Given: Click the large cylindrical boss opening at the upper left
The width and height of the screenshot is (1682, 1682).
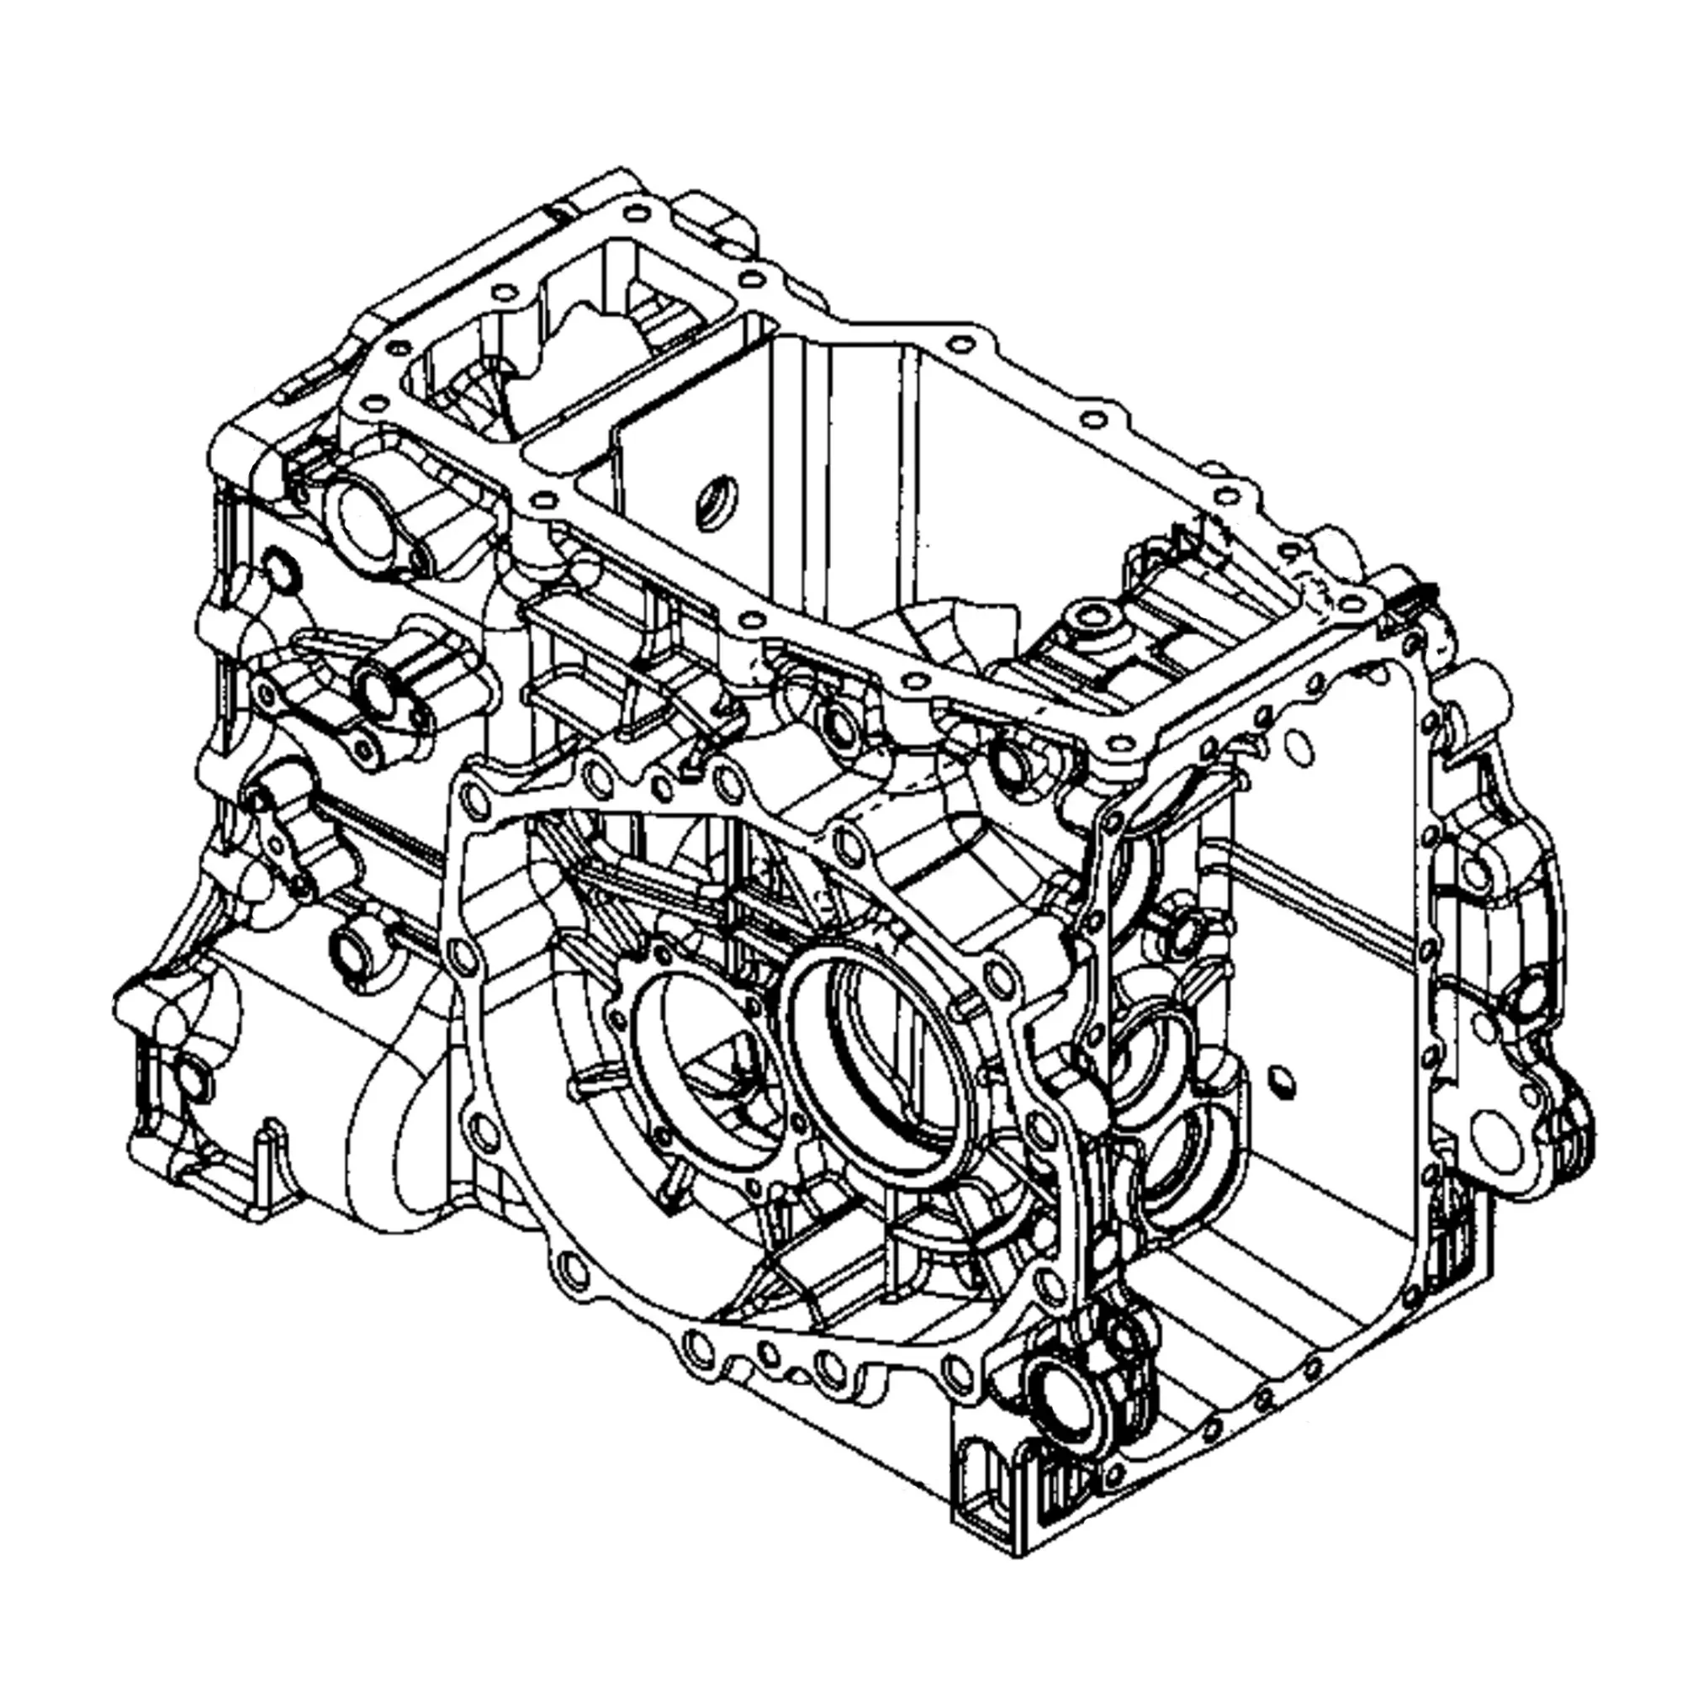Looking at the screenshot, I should [x=366, y=522].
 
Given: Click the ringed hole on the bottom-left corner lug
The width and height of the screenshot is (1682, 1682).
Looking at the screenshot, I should [x=191, y=1080].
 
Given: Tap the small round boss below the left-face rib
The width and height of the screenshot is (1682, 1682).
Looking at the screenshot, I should [x=352, y=944].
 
